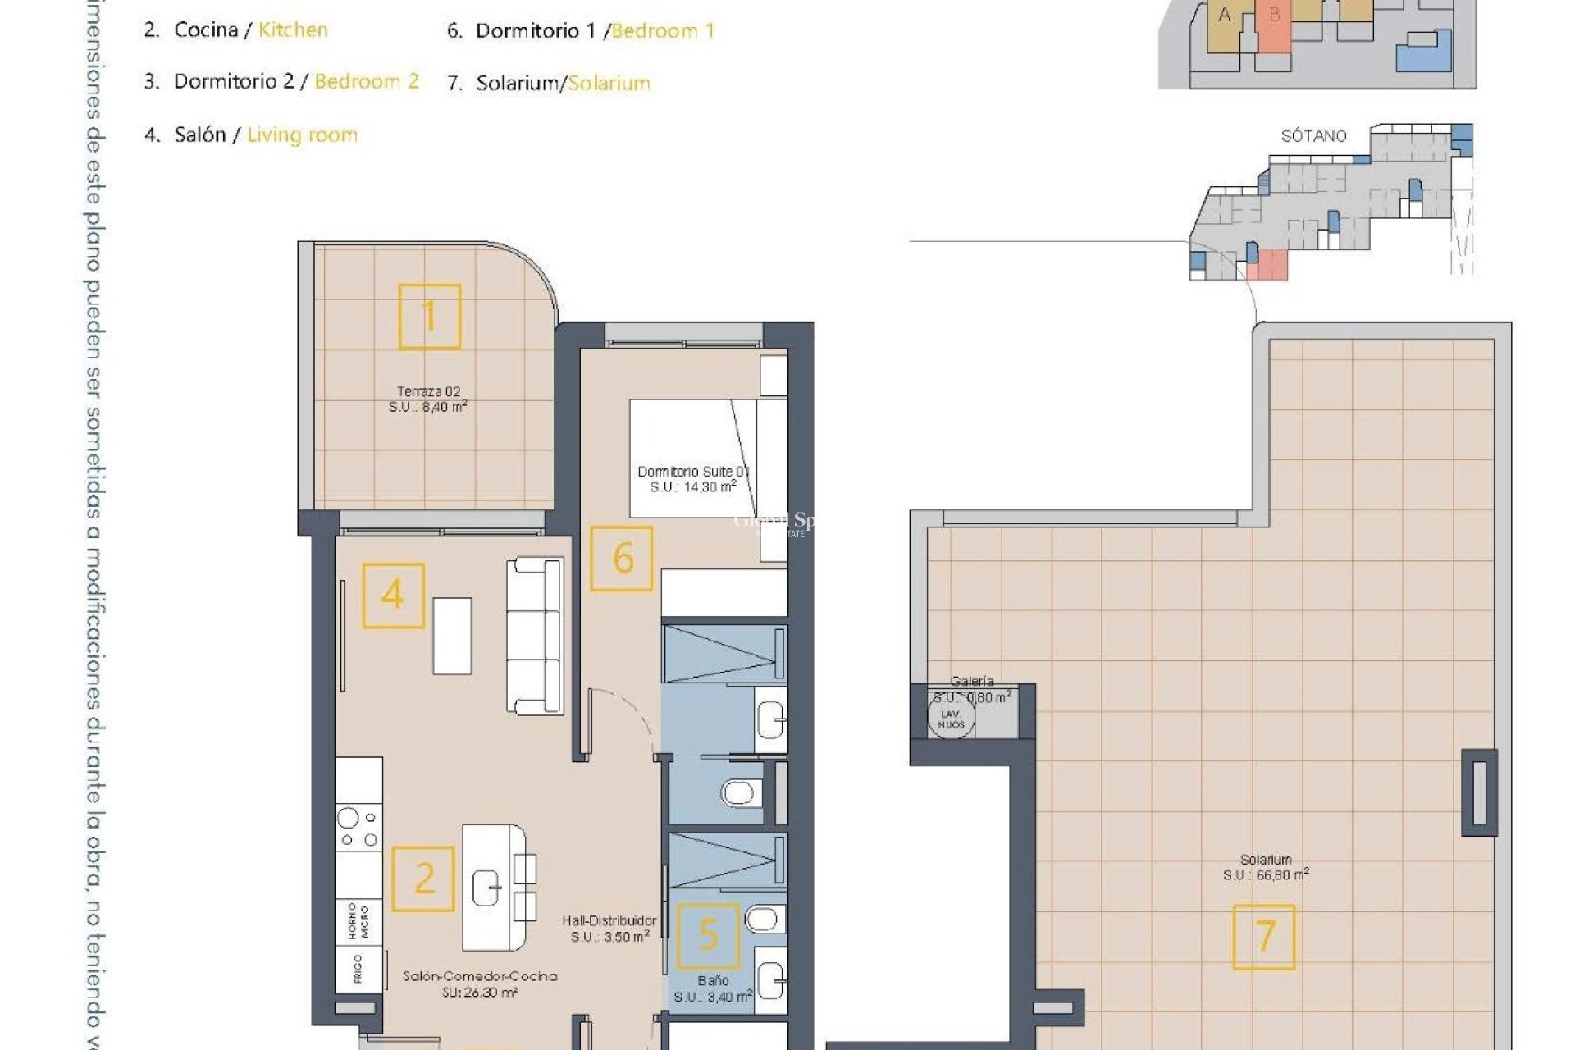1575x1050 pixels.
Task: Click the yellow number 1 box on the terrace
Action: click(429, 317)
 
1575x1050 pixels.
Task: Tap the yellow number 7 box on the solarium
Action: click(1264, 937)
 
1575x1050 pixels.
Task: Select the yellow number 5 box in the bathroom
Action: click(708, 935)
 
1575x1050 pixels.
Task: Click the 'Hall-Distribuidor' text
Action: click(609, 921)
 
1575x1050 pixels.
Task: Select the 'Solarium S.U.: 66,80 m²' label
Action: click(1266, 867)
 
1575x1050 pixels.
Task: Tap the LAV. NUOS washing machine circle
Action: click(951, 719)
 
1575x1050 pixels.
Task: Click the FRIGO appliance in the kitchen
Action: click(358, 970)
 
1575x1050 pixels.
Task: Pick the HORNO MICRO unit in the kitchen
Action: click(358, 921)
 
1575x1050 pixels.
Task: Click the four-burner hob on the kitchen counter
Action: click(359, 827)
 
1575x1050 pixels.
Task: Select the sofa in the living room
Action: click(535, 635)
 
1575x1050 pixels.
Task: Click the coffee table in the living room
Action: click(452, 636)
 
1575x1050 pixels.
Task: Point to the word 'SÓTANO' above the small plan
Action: click(1313, 136)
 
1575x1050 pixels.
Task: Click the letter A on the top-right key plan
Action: click(1225, 15)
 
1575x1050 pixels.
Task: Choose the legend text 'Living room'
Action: click(302, 135)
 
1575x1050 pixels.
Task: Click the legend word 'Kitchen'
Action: click(293, 30)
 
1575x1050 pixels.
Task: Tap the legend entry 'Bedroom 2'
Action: click(366, 81)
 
